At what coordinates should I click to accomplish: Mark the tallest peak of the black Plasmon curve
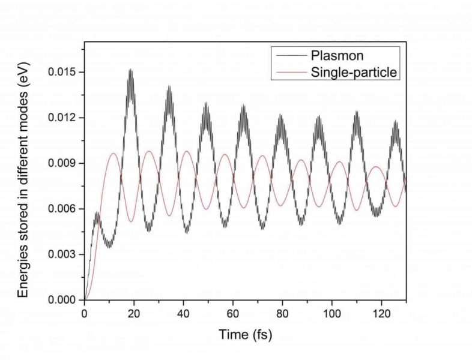click(x=130, y=70)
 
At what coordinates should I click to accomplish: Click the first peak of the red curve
click(x=113, y=154)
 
